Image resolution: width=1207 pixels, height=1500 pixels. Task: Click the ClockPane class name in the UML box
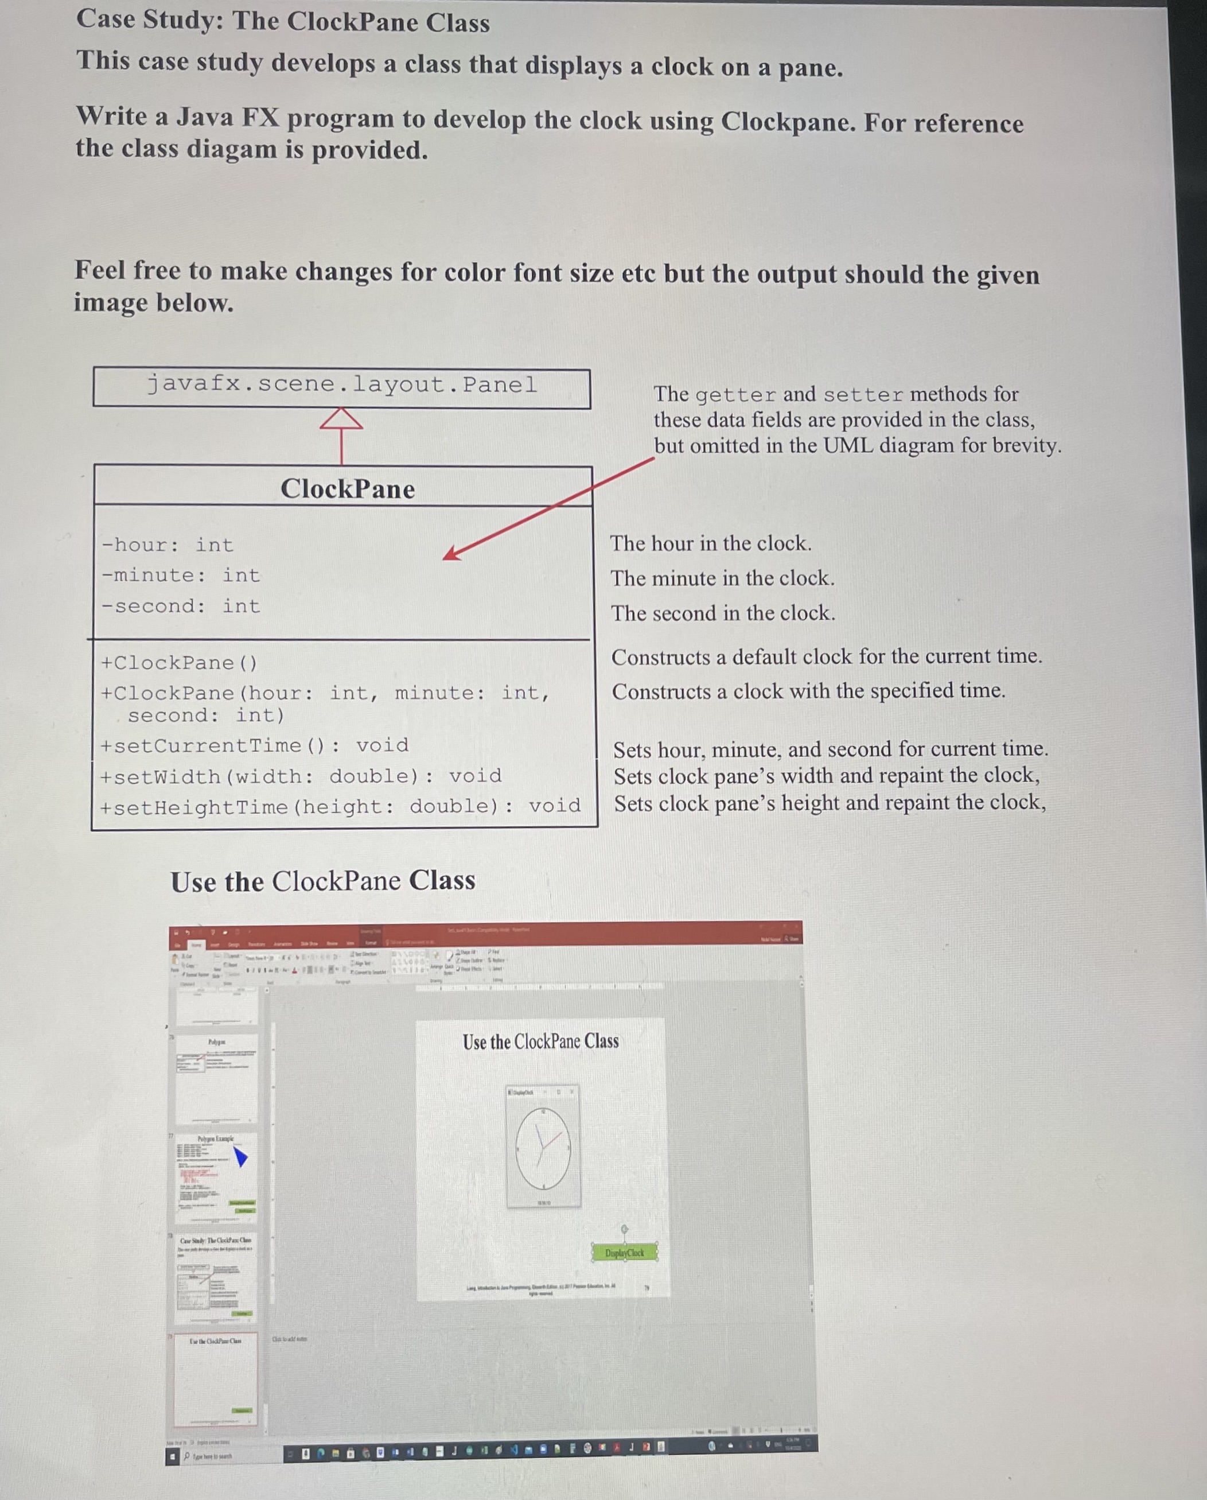pos(347,489)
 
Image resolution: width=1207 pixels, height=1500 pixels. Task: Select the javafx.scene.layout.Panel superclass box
pos(341,387)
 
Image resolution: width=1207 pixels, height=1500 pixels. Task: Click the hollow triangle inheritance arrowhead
pos(341,419)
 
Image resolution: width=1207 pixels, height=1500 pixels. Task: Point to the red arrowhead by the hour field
pos(451,553)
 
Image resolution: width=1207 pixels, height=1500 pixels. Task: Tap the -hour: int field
pos(167,545)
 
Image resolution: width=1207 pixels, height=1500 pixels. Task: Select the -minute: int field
pos(180,576)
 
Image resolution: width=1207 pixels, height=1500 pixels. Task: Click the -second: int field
pos(180,606)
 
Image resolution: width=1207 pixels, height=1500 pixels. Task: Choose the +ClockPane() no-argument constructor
pos(179,663)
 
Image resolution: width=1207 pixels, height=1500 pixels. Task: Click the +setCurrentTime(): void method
pos(254,746)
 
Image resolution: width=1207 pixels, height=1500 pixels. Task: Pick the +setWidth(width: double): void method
pos(300,776)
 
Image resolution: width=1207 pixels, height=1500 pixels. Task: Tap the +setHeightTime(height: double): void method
pos(340,807)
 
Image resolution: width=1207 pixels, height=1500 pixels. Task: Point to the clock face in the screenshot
pos(543,1149)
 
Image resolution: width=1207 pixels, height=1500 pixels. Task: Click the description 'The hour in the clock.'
pos(710,543)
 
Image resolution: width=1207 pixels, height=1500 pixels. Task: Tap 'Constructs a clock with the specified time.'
pos(808,691)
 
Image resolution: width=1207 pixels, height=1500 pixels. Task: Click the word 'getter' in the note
pos(735,394)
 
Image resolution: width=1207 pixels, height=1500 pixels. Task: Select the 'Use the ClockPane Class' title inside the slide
pos(540,1042)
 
